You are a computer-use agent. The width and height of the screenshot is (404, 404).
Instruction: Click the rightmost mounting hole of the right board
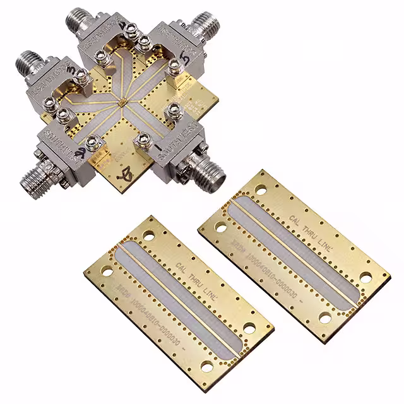coord(366,278)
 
